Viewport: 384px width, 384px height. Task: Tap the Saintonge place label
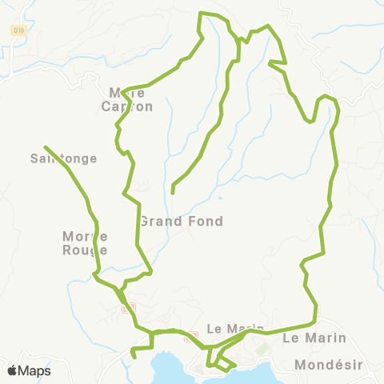[x=63, y=158]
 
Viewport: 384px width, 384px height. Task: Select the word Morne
[x=84, y=236]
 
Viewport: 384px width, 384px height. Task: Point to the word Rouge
[x=84, y=250]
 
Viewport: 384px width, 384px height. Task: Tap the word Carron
[x=126, y=106]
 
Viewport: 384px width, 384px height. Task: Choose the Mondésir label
[x=328, y=364]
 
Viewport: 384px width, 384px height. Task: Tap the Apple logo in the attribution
[x=12, y=370]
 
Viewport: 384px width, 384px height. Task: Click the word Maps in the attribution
[x=34, y=370]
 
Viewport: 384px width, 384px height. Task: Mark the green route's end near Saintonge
[x=45, y=147]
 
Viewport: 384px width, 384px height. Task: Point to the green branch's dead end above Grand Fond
[x=173, y=193]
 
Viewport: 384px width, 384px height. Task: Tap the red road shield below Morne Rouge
[x=126, y=307]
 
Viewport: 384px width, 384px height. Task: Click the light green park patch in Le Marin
[x=260, y=348]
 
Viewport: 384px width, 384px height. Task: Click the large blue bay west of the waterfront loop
[x=172, y=368]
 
